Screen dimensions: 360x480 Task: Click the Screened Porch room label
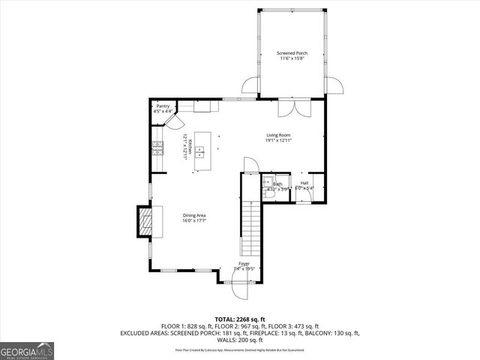[x=291, y=53]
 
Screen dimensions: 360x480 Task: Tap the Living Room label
[x=278, y=135]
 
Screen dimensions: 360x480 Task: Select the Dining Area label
[x=193, y=216]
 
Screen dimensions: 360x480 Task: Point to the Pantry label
[x=163, y=106]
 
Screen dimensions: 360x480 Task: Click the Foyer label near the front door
[x=244, y=265]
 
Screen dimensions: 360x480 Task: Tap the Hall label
[x=304, y=182]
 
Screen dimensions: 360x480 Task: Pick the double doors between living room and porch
[x=289, y=109]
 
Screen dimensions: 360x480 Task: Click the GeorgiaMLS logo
[x=27, y=351]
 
